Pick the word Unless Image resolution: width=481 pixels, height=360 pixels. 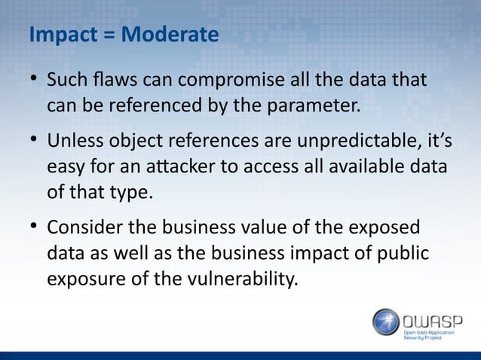click(72, 141)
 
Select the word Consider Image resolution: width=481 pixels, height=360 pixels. click(82, 228)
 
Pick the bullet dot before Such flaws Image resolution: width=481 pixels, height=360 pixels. click(34, 79)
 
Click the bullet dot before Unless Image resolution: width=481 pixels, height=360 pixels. click(34, 141)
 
